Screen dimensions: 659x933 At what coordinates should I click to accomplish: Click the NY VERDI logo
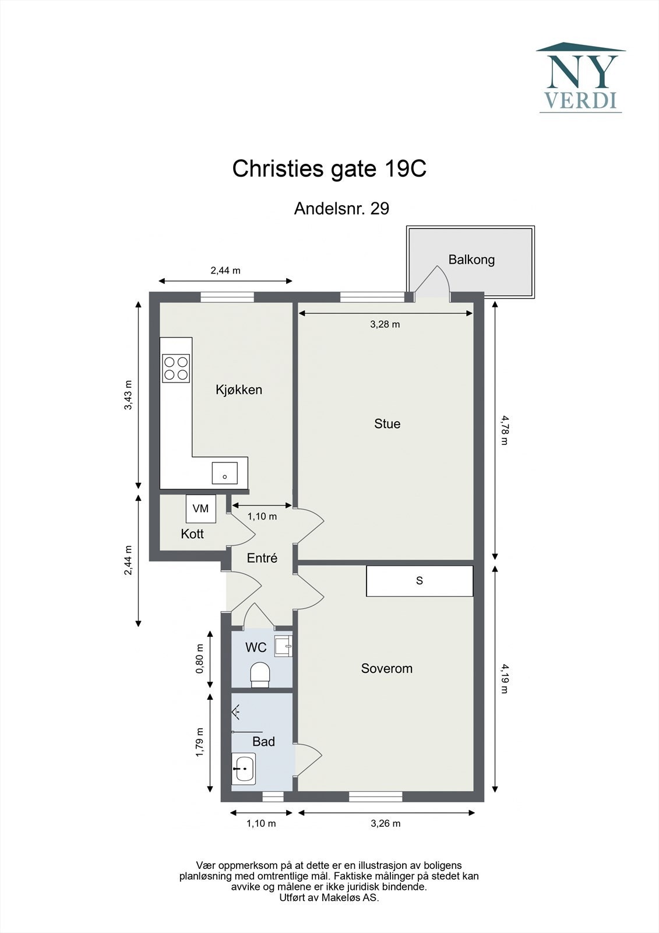pyautogui.click(x=581, y=78)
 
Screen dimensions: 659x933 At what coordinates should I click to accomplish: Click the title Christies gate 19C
pyautogui.click(x=329, y=169)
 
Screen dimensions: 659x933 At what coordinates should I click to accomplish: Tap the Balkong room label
pyautogui.click(x=471, y=259)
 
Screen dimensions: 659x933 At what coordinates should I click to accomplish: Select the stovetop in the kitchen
pyautogui.click(x=176, y=368)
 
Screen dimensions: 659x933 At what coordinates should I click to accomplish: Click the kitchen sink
pyautogui.click(x=225, y=473)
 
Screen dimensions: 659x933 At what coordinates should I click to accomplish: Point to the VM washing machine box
pyautogui.click(x=200, y=508)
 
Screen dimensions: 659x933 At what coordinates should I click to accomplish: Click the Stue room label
pyautogui.click(x=387, y=424)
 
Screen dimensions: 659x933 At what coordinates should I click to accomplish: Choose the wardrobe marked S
pyautogui.click(x=420, y=581)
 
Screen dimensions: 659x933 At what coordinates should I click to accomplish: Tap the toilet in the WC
pyautogui.click(x=260, y=674)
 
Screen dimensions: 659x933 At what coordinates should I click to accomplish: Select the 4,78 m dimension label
pyautogui.click(x=505, y=430)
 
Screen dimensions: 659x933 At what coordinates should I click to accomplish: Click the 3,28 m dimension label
pyautogui.click(x=385, y=324)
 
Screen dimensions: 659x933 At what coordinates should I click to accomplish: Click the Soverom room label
pyautogui.click(x=387, y=668)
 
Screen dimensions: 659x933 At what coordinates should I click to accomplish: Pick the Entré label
pyautogui.click(x=262, y=557)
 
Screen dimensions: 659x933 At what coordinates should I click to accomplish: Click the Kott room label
pyautogui.click(x=192, y=534)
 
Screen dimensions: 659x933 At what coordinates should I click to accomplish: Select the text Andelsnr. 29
pyautogui.click(x=342, y=208)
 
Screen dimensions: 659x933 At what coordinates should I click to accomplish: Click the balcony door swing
pyautogui.click(x=432, y=281)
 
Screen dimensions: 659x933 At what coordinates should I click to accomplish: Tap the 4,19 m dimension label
pyautogui.click(x=505, y=679)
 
